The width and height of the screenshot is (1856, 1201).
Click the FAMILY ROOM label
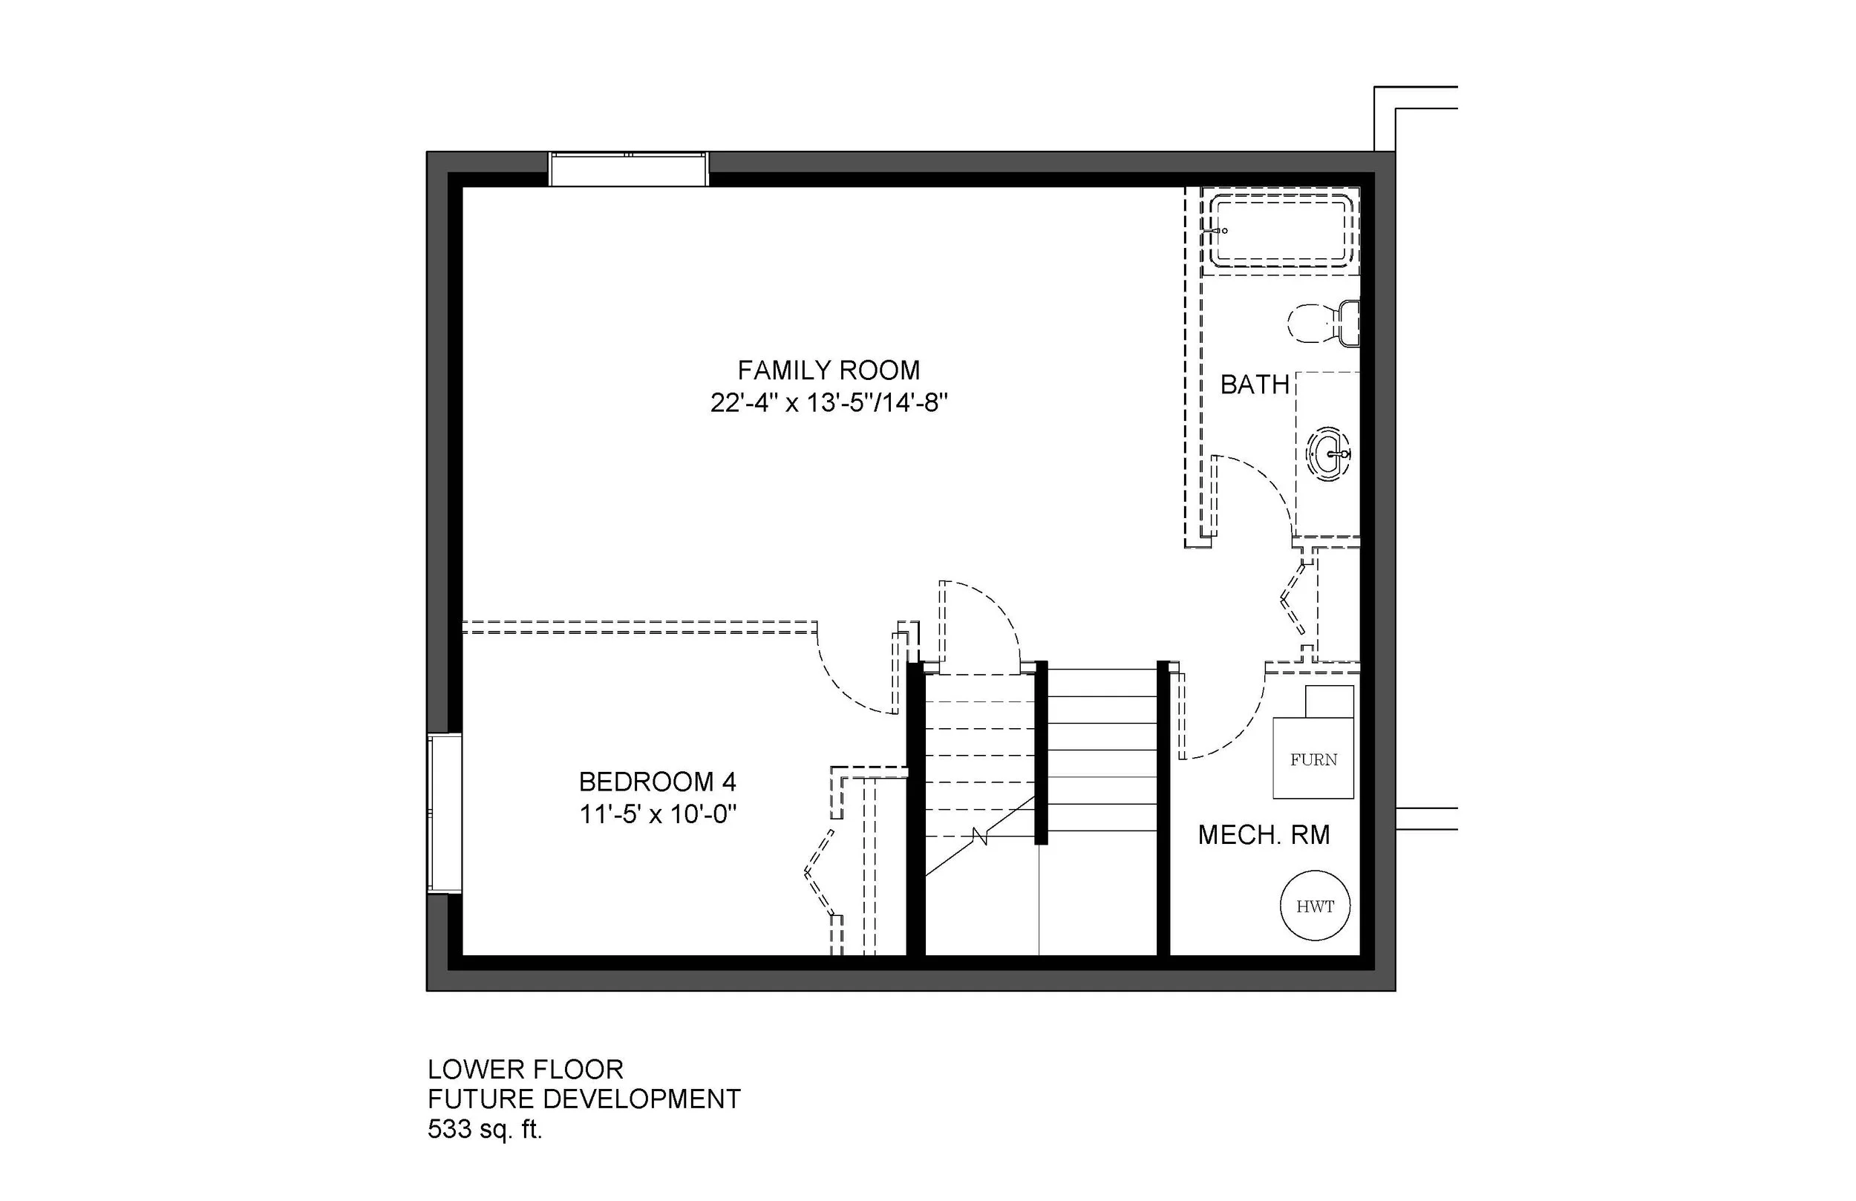[x=829, y=370]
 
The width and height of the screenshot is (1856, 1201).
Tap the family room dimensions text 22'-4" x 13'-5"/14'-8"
[x=829, y=403]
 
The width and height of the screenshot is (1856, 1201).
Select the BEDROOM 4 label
[x=658, y=782]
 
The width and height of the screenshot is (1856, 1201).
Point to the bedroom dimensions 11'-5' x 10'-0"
[x=658, y=815]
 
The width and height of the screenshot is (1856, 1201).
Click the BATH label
[x=1254, y=384]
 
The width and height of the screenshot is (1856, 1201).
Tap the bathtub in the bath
[x=1281, y=231]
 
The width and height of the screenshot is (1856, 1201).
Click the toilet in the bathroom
[x=1324, y=323]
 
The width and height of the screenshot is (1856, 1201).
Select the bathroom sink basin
[x=1329, y=453]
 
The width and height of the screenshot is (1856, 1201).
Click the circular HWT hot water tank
[x=1315, y=906]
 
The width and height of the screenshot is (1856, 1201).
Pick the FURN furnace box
[x=1313, y=759]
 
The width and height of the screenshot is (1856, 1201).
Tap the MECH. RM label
[x=1264, y=835]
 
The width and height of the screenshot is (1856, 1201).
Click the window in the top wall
[x=628, y=169]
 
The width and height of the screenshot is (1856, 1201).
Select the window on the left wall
[x=445, y=813]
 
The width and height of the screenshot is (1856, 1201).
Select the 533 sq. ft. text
[x=484, y=1128]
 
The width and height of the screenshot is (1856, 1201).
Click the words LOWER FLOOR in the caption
[x=525, y=1068]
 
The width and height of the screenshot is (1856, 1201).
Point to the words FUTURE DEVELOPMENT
[x=584, y=1099]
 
